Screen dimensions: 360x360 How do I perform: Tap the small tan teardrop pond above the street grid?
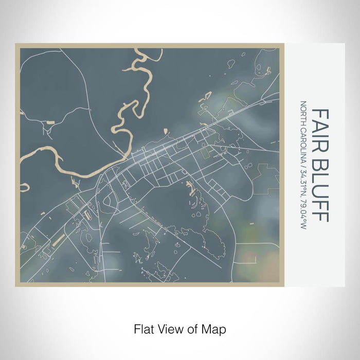pyautogui.click(x=166, y=131)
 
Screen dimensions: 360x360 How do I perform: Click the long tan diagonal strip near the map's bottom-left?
pyautogui.click(x=57, y=240)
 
